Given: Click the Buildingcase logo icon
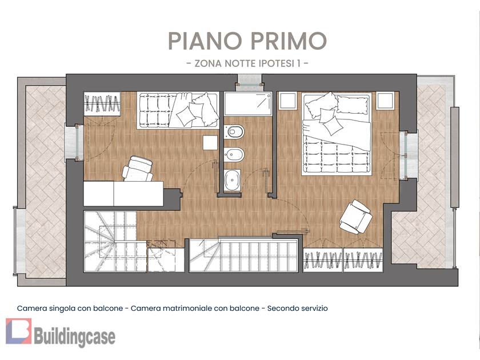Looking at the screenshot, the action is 19,331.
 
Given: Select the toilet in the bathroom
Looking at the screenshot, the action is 234,131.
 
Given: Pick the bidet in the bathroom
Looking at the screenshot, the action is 234,155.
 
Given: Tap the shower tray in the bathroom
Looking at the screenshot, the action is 248,104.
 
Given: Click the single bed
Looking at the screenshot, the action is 178,110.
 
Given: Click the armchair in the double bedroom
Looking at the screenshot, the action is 355,217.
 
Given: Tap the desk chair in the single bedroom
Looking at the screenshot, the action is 138,169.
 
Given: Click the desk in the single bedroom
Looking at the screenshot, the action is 123,194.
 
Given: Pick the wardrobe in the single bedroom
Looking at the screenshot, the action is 102,104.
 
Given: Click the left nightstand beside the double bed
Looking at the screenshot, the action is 288,101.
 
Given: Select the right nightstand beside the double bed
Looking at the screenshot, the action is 385,101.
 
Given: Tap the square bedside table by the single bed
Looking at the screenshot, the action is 210,143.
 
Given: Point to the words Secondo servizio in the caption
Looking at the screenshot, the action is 298,308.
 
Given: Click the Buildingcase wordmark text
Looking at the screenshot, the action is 75,337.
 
